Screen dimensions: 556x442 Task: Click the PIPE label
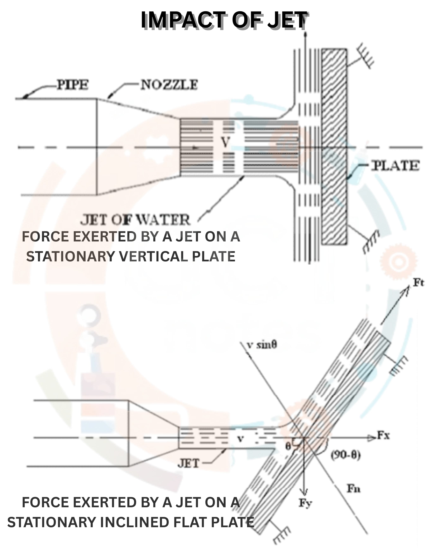click(73, 85)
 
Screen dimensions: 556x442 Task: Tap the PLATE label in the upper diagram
click(395, 166)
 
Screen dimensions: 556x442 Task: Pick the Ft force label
click(419, 283)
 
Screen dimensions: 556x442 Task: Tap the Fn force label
click(353, 488)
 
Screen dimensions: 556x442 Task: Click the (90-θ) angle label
click(346, 455)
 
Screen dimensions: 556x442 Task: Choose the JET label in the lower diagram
click(188, 463)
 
